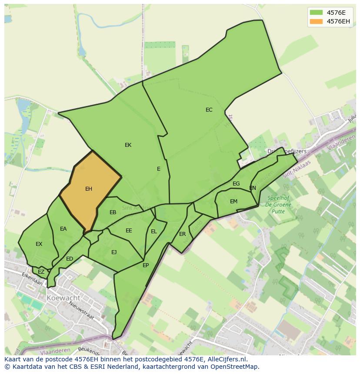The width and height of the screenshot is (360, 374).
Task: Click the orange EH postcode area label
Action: coord(89,189)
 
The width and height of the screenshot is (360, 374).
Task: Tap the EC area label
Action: coord(209,110)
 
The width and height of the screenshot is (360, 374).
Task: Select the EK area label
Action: coord(128,145)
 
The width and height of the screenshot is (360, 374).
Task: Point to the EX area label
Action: coord(39,244)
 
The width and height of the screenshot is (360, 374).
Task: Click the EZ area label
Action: coord(41,272)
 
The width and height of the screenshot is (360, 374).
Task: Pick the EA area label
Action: coord(63,229)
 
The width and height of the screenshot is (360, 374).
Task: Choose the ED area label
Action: coord(70,259)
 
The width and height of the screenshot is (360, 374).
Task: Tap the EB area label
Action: coord(113,212)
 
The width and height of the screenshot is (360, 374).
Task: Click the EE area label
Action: coord(129,231)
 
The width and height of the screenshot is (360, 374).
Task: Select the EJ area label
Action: coord(114,252)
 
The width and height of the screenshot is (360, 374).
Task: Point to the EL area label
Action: coord(154,232)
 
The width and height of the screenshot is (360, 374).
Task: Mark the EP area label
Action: coord(146,265)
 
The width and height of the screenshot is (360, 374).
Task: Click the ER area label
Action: coord(183,234)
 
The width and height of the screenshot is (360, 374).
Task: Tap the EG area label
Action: coord(236,184)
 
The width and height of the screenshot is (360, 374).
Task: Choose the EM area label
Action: coord(234,202)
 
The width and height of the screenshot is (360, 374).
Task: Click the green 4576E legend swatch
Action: coord(316,12)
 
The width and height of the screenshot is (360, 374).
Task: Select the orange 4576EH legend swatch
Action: coord(316,21)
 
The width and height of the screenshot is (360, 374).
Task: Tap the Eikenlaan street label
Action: coord(33,280)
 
